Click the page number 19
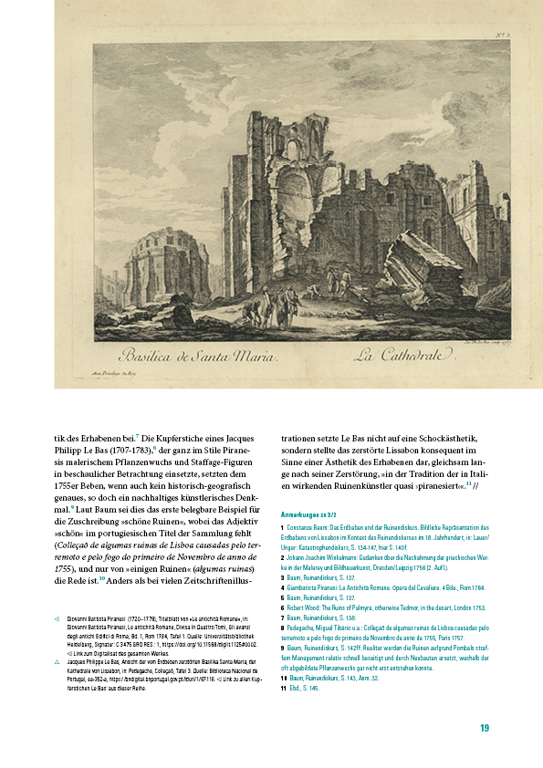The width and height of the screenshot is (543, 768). pyautogui.click(x=485, y=728)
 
